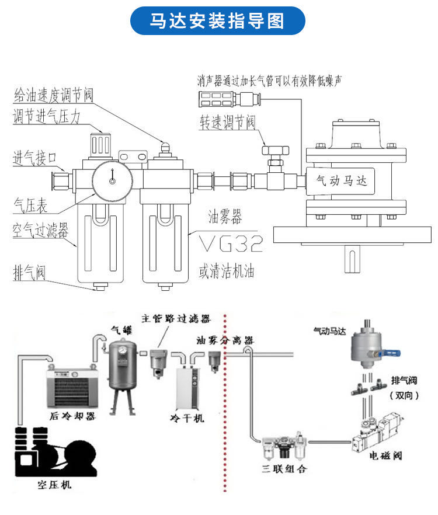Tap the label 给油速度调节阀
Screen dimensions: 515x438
point(53,94)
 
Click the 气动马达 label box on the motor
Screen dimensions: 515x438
point(341,182)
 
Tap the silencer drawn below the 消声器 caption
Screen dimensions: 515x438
point(224,97)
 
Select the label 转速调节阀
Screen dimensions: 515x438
point(228,122)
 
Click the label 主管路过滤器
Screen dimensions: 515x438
point(175,318)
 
